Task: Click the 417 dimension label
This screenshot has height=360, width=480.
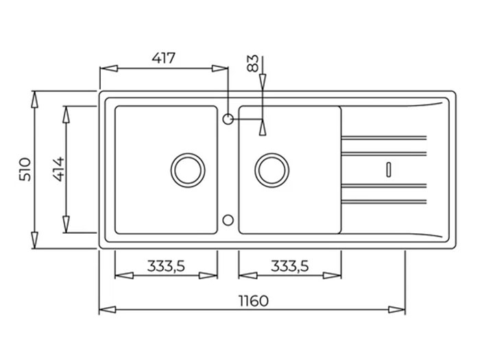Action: (164, 58)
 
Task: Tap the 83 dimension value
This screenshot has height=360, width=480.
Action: (253, 63)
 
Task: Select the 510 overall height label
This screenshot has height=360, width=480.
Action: (25, 169)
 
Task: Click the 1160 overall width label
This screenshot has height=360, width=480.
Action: (254, 301)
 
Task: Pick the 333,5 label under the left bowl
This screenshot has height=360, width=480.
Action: (166, 266)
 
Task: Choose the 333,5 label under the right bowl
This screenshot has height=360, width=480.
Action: (290, 266)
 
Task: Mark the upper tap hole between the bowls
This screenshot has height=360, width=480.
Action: (228, 119)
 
